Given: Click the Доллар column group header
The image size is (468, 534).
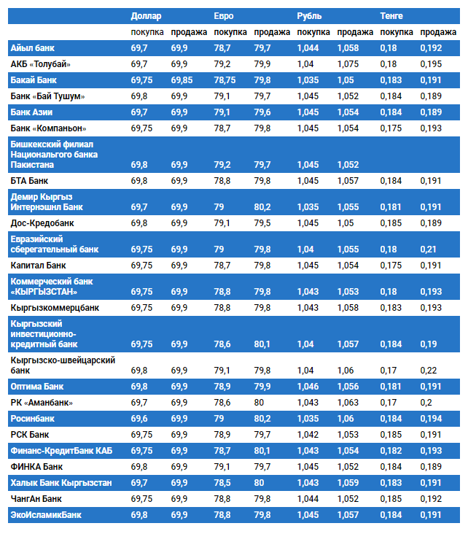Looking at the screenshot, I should point(146,15).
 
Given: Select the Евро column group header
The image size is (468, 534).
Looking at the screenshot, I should point(224,15).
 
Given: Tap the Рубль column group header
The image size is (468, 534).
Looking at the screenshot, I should point(309,15).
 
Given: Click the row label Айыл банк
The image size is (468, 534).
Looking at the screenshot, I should point(33,48).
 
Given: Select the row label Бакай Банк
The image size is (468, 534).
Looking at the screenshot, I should point(34,80).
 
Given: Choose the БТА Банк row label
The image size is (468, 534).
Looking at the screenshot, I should point(30,180).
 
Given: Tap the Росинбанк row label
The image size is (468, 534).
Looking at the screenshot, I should point(32,419).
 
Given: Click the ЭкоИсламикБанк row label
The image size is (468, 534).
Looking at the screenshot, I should point(46,515).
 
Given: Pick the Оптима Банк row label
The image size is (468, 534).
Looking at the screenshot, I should point(37,387).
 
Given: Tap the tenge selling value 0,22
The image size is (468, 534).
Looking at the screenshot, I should point(429,371).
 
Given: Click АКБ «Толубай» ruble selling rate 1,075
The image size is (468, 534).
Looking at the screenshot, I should point(348,64).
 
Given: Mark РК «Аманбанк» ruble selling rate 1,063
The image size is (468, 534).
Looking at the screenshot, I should point(348,403).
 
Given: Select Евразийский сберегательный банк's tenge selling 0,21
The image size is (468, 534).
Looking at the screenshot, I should point(429,249).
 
